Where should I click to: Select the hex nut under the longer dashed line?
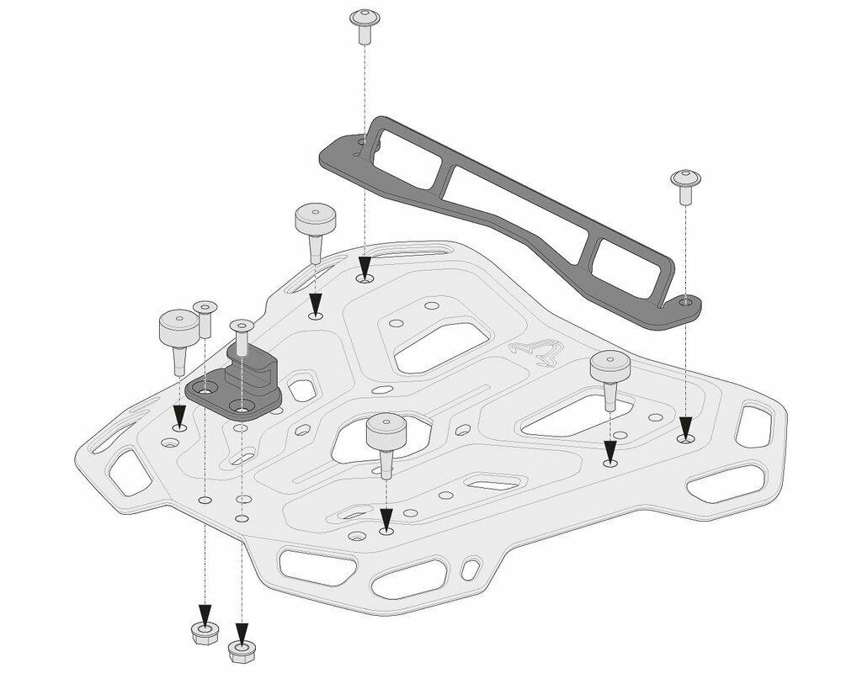[242, 649]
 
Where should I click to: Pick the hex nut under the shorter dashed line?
[203, 633]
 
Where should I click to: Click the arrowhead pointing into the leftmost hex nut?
[203, 612]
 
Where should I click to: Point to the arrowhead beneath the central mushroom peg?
[386, 520]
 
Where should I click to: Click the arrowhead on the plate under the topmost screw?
[364, 268]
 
